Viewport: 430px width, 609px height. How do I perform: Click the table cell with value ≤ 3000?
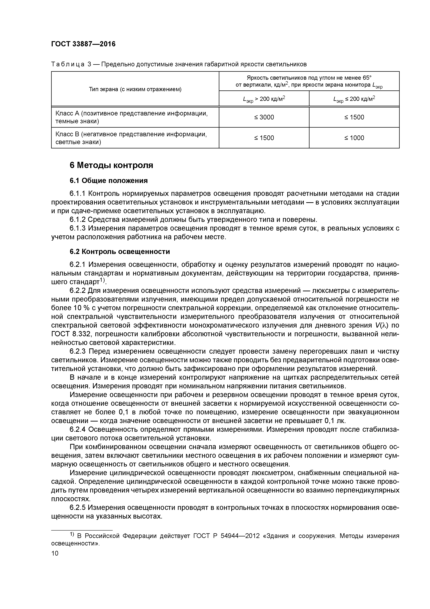(x=264, y=117)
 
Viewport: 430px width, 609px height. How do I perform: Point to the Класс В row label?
(x=131, y=138)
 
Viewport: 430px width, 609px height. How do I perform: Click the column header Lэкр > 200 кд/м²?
(x=264, y=99)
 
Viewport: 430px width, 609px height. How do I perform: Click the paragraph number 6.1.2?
(x=77, y=220)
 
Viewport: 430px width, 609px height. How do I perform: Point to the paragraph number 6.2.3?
(x=77, y=351)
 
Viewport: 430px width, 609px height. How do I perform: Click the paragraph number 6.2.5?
(x=77, y=507)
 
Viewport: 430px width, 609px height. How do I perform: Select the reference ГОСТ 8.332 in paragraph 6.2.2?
(x=69, y=334)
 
